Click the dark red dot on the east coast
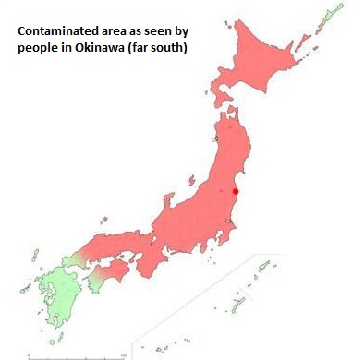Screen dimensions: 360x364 click(x=235, y=192)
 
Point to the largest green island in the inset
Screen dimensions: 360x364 click(x=239, y=302)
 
